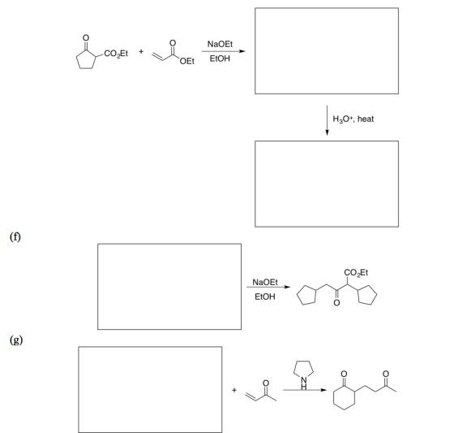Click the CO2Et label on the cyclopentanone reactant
pos(116,54)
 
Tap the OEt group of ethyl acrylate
pos(187,61)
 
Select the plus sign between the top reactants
pos(141,51)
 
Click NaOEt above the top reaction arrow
pos(220,44)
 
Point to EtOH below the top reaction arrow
pos(220,58)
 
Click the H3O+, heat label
pos(353,119)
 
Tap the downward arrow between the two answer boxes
pos(328,120)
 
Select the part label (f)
pos(15,237)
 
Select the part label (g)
pos(16,340)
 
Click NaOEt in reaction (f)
pos(265,282)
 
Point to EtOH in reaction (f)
pos(265,297)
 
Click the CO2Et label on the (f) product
pos(356,272)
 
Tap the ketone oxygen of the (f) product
pos(336,303)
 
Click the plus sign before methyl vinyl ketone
pos(234,390)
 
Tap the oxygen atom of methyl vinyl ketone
pos(266,383)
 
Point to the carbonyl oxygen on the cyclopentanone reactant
pos(86,37)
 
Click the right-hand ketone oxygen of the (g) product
pos(385,374)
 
